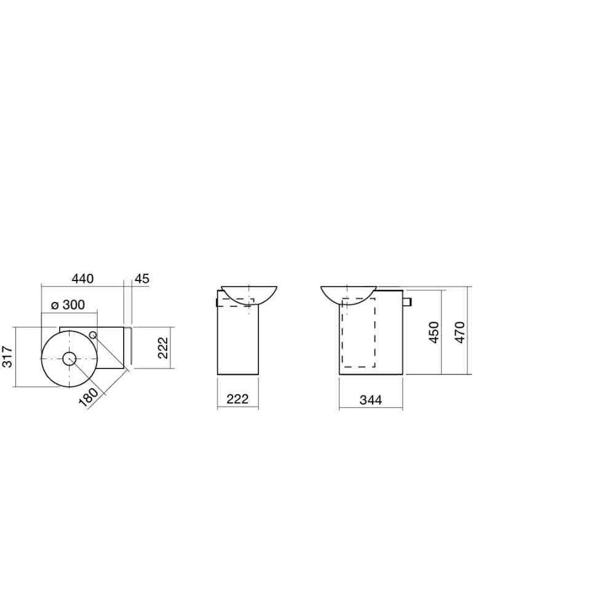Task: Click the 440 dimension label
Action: click(x=83, y=279)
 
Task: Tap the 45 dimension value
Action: click(x=142, y=279)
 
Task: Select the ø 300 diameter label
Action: click(x=68, y=305)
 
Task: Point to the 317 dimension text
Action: click(x=7, y=357)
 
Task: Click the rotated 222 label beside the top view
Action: click(x=163, y=347)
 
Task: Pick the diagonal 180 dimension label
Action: click(x=89, y=398)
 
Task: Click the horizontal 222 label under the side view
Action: click(x=237, y=399)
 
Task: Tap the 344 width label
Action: click(x=371, y=400)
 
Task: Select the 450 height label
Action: click(x=434, y=332)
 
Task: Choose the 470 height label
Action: click(x=460, y=332)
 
